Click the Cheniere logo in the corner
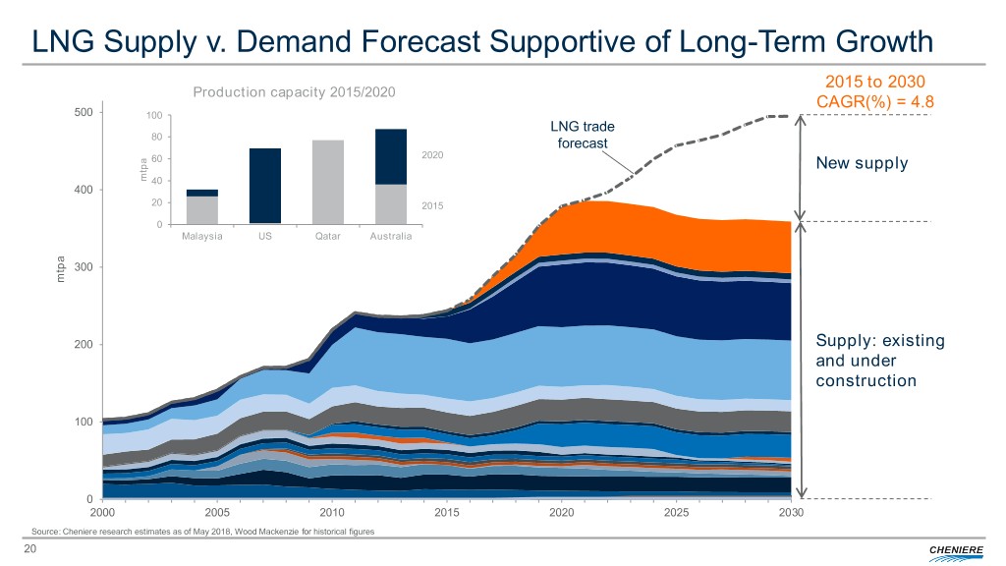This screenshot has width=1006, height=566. [951, 548]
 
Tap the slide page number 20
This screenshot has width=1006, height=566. [30, 548]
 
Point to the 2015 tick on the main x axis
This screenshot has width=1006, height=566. [447, 513]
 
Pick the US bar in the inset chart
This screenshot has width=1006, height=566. [264, 186]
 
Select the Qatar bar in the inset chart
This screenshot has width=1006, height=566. [327, 182]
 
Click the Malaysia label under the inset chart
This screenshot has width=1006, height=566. [202, 237]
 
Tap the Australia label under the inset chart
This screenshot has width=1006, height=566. [390, 237]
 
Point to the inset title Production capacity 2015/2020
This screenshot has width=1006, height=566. [294, 92]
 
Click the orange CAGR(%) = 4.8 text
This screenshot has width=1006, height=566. [873, 100]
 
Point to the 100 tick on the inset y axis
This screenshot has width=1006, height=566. [152, 117]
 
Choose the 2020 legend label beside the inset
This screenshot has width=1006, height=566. [433, 155]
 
